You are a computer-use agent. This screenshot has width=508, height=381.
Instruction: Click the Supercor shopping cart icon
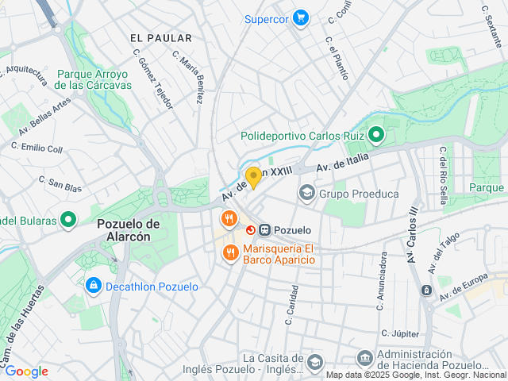coord(300,17)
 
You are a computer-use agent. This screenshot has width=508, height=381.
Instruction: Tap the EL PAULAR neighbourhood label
coord(160,38)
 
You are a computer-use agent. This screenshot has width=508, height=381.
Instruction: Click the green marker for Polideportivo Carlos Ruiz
coord(376,136)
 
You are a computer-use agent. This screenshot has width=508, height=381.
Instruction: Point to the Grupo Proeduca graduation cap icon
coord(306,193)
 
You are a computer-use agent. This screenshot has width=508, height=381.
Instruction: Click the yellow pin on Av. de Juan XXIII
coord(253,177)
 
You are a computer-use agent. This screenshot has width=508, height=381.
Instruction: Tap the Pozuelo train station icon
coord(264,229)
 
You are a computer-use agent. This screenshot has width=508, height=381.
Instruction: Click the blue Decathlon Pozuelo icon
coord(93,286)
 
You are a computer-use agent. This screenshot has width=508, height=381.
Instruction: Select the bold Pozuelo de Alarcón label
coord(129,230)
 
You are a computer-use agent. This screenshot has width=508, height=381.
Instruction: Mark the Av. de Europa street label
coord(464,286)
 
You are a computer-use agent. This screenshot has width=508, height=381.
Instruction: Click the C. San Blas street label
coord(61,184)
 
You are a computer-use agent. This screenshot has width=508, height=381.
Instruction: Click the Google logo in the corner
coord(26,371)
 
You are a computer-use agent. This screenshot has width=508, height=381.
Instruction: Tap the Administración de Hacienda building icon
coord(364,359)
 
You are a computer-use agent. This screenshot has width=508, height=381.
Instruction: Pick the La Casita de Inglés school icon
coord(314,362)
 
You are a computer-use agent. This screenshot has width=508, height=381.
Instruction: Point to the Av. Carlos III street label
coord(411,237)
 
